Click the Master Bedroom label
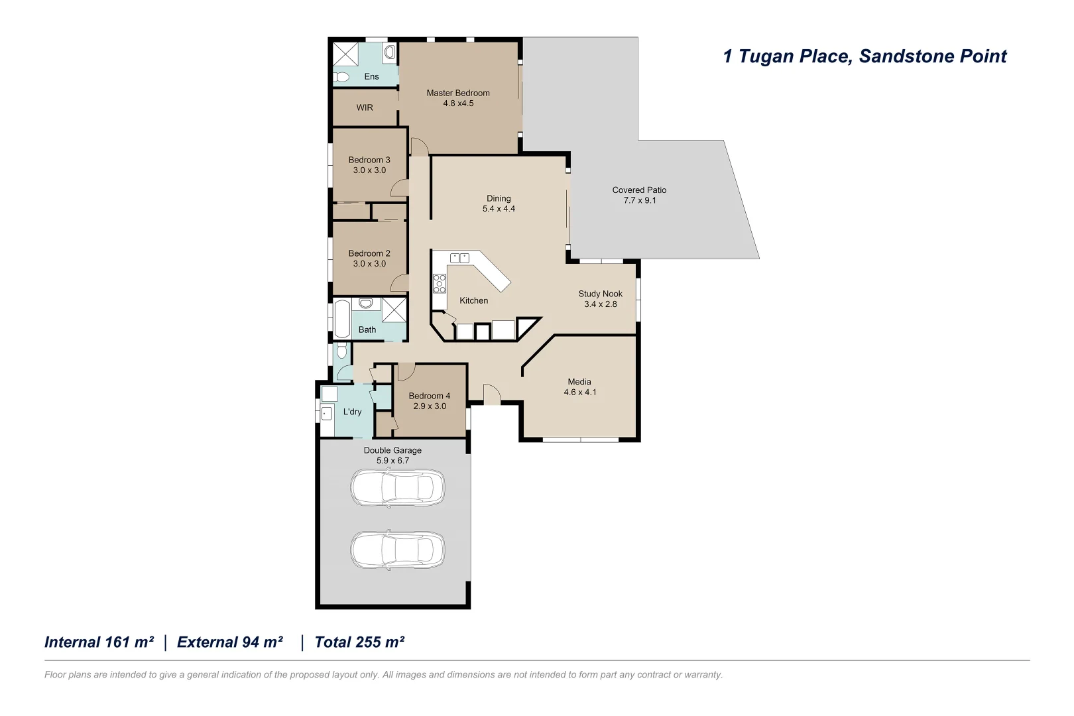[457, 93]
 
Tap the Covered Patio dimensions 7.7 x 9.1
[639, 200]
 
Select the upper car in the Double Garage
[397, 488]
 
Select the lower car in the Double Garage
[397, 550]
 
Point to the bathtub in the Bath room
[341, 320]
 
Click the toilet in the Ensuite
[341, 77]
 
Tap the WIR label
[365, 107]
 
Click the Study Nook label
[600, 294]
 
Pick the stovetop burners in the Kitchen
[440, 283]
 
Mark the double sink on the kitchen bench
[459, 258]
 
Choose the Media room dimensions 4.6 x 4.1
[579, 392]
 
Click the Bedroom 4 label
[429, 396]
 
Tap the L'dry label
[352, 412]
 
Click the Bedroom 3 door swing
[400, 190]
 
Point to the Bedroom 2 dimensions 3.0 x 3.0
[369, 264]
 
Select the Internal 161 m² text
[99, 642]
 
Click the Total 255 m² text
[359, 642]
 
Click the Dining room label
[499, 198]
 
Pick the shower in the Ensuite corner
[345, 53]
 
